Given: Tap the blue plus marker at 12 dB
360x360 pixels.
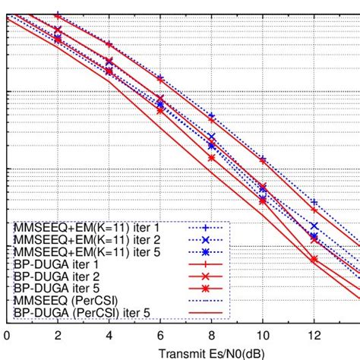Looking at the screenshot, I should (x=314, y=202).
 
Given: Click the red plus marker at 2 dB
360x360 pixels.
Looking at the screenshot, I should (x=58, y=16).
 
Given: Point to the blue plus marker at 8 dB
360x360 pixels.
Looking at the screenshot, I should (x=212, y=116).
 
